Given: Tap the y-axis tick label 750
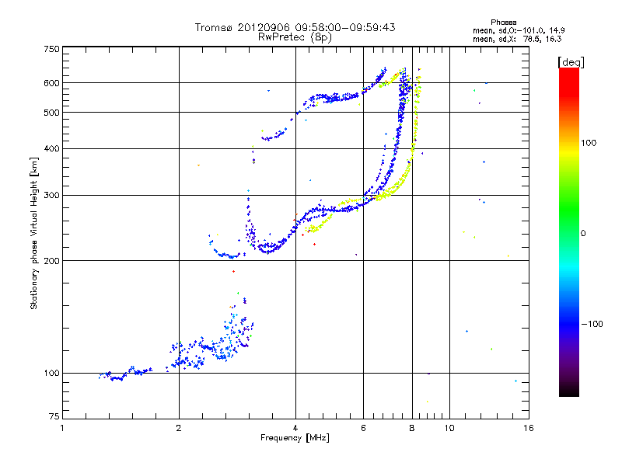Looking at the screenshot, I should coord(52,48).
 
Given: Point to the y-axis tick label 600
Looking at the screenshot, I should coord(52,83).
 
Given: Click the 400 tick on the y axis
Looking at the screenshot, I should coord(52,149).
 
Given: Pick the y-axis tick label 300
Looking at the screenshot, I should coord(52,196).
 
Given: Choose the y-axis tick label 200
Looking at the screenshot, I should coord(52,261).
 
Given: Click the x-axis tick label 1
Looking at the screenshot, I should coord(63,428).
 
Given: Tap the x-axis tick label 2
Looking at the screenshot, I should coord(180,428).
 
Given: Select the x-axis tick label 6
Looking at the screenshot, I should coord(364,428).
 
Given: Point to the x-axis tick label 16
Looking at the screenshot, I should coord(528,428).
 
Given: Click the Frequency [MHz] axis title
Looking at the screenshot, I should coord(295,439).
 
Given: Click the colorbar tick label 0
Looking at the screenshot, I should coord(583,233).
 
